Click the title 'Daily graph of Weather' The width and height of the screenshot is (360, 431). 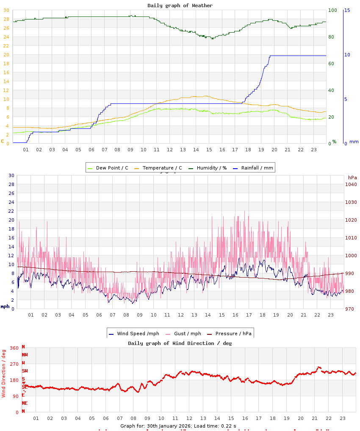180,6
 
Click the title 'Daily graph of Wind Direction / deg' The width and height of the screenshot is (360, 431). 180,343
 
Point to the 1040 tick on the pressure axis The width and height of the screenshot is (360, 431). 351,184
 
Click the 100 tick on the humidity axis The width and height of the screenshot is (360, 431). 332,10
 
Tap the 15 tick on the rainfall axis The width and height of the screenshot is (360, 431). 347,10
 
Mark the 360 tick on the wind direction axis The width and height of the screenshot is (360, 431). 14,348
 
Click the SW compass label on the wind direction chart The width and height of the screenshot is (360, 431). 25,371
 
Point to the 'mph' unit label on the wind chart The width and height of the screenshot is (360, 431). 5,306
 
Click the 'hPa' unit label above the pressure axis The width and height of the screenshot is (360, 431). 352,178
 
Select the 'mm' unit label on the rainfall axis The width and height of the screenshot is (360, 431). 354,142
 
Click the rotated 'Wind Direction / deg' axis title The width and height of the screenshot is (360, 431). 4,373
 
